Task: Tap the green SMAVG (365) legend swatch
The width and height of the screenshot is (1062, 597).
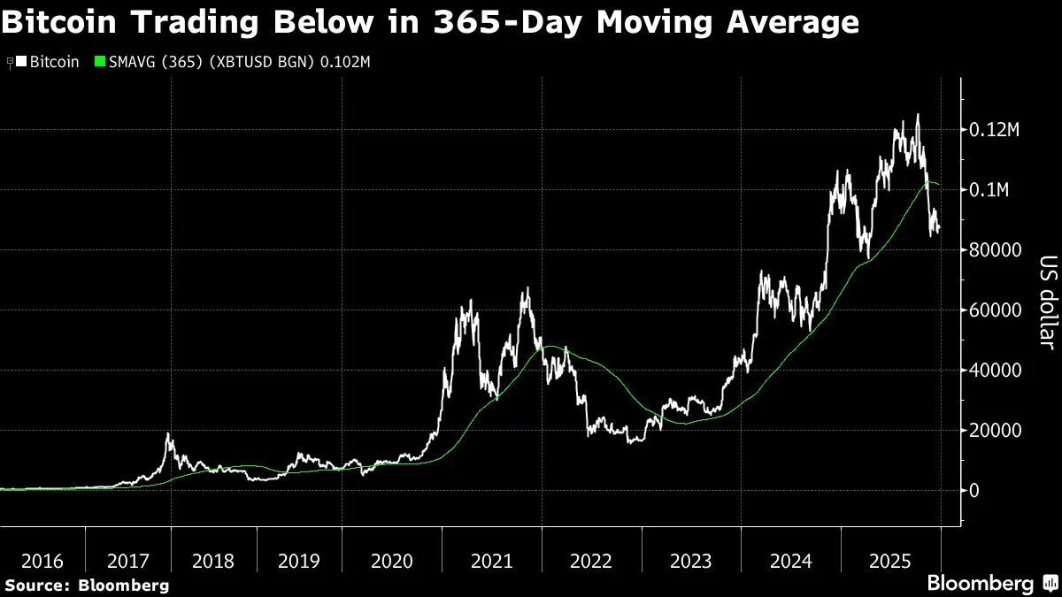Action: coord(99,62)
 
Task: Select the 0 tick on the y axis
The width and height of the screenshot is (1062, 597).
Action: coord(974,491)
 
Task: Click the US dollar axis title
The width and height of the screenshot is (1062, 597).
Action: coord(1048,302)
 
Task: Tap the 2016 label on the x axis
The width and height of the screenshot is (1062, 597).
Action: coord(42,561)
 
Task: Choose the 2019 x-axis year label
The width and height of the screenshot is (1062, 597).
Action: coord(299,561)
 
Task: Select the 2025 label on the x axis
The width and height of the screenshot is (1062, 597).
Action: coord(891,561)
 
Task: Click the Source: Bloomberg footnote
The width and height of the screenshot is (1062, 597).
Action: coord(86,585)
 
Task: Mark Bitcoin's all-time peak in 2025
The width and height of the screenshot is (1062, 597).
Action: coord(917,114)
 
